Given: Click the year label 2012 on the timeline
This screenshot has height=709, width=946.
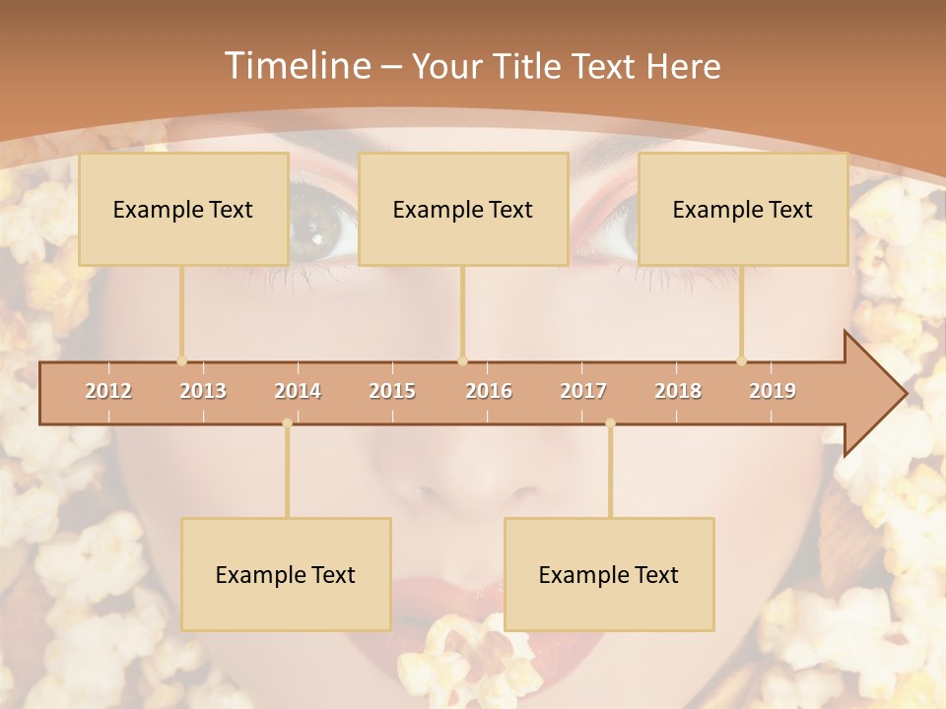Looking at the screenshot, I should coord(108,391).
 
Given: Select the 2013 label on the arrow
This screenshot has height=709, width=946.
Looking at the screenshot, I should coord(203,391).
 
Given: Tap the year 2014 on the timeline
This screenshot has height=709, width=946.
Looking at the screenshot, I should coord(298,391).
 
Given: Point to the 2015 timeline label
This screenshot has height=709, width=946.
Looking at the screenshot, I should coord(392,391).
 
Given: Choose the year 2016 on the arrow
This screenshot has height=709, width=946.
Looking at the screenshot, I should coord(489,391).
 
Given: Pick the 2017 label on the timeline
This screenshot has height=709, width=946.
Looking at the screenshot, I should coord(583,391).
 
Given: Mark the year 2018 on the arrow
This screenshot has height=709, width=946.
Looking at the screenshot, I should coord(678,391).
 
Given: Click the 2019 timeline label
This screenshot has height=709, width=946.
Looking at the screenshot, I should coord(773,391).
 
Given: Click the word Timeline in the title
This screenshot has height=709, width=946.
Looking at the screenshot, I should coord(297,66).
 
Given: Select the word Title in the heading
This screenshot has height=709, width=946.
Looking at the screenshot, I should coord(527,66).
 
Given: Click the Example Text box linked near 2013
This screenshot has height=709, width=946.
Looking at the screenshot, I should coord(183,209).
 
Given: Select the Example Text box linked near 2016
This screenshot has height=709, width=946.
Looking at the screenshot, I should coord(463,209).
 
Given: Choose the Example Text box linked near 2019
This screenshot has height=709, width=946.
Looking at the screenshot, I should coord(743,209).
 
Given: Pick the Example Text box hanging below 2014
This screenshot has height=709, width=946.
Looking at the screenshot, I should coord(286,574).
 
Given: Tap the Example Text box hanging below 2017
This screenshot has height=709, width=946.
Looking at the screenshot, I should coord(609,574).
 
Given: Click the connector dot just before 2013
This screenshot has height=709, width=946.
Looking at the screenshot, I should coord(181,360).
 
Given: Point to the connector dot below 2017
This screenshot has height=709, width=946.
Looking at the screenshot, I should coord(610,423).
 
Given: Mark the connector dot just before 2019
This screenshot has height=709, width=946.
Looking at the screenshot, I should coord(741,360).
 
